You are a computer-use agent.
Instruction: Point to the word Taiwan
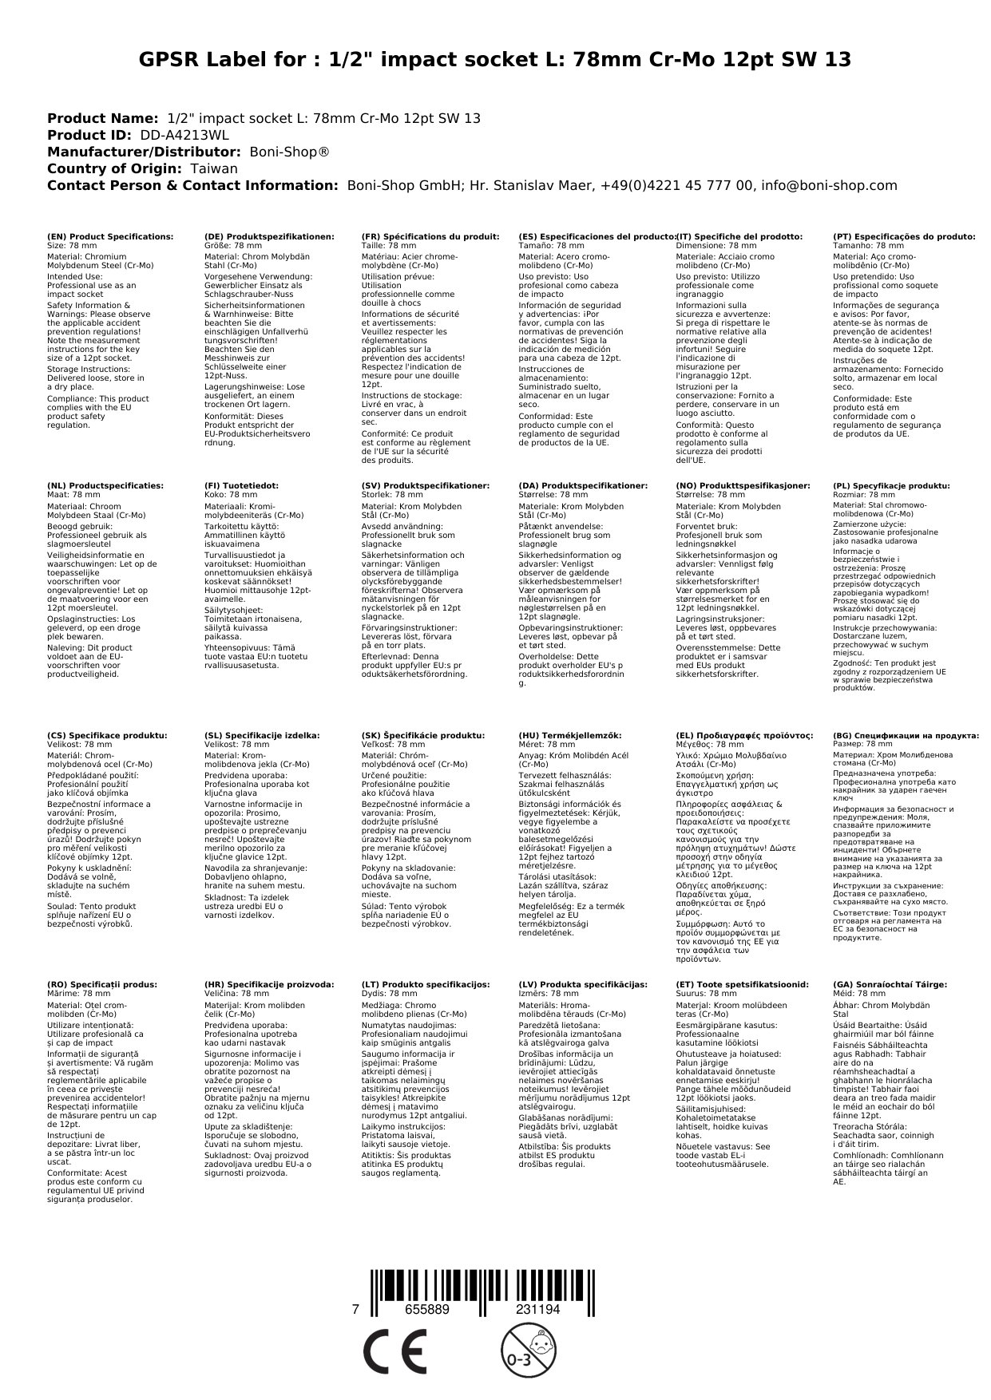(x=213, y=168)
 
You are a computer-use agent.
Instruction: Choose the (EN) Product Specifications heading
(x=110, y=237)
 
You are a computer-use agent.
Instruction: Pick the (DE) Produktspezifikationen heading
(x=269, y=237)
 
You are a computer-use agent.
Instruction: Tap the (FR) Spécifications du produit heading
(x=430, y=237)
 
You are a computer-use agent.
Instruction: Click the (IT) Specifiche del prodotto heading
(x=739, y=237)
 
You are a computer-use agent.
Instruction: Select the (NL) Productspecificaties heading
(x=105, y=485)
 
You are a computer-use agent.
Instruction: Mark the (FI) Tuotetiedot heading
(x=242, y=485)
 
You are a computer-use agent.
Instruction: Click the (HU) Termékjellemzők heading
(x=569, y=735)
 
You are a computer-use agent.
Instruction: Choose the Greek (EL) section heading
(x=744, y=735)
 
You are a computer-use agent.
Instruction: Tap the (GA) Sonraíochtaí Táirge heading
(x=890, y=985)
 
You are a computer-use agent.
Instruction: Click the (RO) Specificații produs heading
(x=102, y=985)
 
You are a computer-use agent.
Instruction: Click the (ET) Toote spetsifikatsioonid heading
(x=742, y=985)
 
